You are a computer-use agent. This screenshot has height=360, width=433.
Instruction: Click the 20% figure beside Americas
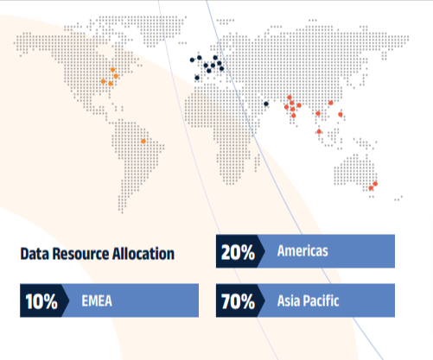coord(238,252)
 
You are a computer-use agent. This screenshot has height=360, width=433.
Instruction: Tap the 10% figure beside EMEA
coord(41,301)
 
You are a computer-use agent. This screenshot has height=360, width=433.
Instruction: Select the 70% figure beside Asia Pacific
coord(238,301)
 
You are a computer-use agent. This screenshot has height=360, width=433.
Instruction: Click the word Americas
coord(302,251)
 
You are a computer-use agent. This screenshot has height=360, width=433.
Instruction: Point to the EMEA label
coord(97,301)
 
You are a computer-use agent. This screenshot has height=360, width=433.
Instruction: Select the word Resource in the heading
coord(80,254)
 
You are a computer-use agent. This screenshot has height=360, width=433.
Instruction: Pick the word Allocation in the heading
coord(143,254)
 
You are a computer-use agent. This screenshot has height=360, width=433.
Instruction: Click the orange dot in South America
coord(143,142)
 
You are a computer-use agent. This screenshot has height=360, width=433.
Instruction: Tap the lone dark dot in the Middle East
coord(266,104)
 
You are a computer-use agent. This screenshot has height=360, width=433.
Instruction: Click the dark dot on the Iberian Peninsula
coord(197,78)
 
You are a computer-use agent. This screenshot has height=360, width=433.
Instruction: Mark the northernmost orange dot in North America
coord(112,70)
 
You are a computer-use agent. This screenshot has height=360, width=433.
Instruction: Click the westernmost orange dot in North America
coord(103,81)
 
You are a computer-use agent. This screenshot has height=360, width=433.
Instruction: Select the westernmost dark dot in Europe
coord(192,60)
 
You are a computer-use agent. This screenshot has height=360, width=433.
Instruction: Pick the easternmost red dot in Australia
coord(375,184)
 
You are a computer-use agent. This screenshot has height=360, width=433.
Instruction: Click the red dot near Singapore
coord(319,131)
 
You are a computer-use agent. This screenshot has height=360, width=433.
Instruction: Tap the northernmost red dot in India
coord(290,98)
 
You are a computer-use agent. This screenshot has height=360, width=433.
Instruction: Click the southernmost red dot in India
coord(294,116)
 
